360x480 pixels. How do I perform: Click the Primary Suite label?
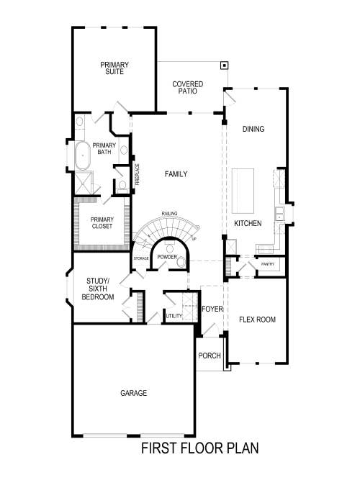coord(114,68)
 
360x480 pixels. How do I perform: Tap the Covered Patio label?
coord(187,89)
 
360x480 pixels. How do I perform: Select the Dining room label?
coord(253,130)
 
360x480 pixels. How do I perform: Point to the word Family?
coord(176,174)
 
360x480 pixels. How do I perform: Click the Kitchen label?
coord(248,224)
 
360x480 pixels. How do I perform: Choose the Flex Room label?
coord(258,320)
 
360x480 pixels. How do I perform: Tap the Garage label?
coord(133,393)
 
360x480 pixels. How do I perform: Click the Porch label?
coord(209,356)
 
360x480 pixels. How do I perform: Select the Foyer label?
coord(212,309)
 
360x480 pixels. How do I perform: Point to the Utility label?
coord(174,316)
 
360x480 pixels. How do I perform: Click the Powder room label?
coord(167,257)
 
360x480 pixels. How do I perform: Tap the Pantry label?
coord(268,264)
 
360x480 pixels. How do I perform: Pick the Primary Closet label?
coord(102,222)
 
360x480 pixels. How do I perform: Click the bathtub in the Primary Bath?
coord(83,155)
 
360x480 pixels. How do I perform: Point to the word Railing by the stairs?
coord(170,214)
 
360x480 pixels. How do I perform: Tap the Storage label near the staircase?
coord(141,258)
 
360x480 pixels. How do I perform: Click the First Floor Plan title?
coord(199,448)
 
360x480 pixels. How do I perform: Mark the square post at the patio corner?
coord(225,65)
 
